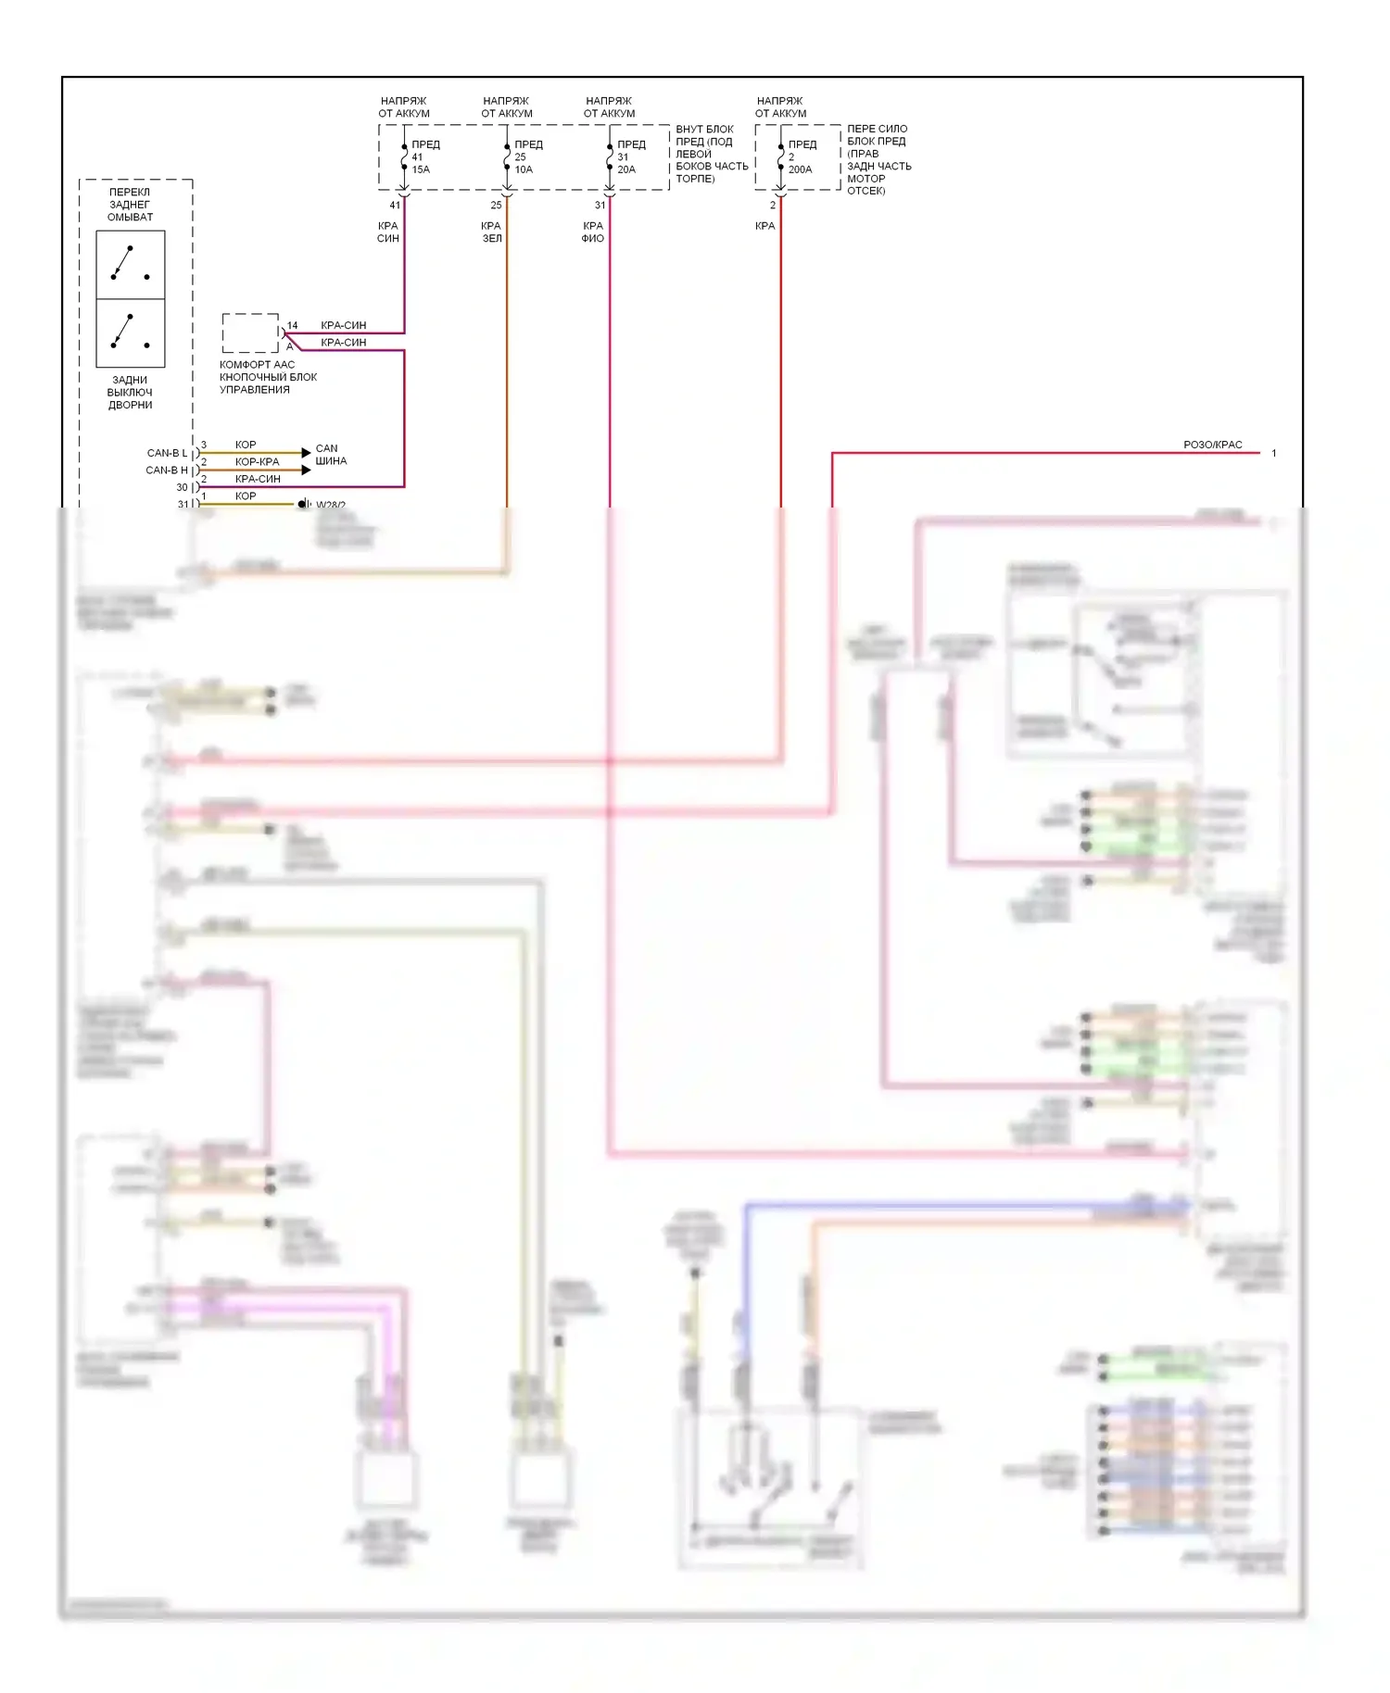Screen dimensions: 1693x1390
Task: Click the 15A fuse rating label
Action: (421, 170)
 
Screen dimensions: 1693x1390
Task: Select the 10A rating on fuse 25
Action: (524, 170)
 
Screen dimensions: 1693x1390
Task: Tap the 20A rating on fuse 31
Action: (626, 170)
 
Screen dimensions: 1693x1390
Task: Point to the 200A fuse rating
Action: (800, 170)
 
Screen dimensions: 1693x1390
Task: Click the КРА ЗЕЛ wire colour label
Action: (491, 232)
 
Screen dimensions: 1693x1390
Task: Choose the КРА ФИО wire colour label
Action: (593, 232)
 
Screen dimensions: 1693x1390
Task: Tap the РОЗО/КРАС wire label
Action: (1212, 445)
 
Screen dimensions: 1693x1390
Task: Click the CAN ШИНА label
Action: (330, 455)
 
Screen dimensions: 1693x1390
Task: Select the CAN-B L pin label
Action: (167, 453)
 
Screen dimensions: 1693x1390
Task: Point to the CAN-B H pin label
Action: (167, 470)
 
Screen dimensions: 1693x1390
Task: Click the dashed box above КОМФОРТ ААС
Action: (250, 333)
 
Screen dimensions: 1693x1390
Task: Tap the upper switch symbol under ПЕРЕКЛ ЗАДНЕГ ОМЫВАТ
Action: (131, 265)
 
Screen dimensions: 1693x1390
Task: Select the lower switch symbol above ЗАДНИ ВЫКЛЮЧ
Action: (131, 332)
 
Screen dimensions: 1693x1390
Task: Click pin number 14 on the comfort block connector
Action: (292, 326)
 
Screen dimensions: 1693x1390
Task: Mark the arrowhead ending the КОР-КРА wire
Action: (307, 470)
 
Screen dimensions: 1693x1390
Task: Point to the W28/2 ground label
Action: (331, 505)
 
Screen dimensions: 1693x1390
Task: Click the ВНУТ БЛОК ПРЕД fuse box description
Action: (711, 154)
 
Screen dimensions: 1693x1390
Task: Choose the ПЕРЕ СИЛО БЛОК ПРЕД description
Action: (878, 159)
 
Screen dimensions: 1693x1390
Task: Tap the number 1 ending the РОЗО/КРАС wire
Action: (1273, 454)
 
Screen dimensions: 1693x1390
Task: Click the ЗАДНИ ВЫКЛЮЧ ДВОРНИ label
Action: (130, 393)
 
